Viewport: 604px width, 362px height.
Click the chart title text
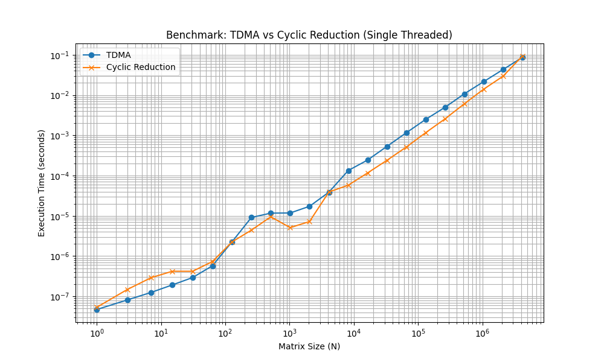[x=309, y=35]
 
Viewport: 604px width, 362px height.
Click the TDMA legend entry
[x=118, y=55]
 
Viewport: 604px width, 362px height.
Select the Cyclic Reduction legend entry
[x=140, y=67]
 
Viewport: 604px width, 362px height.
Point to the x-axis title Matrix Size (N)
[x=309, y=346]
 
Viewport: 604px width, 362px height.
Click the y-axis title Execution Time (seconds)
[x=42, y=183]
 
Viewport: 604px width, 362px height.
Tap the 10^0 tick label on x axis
[x=96, y=334]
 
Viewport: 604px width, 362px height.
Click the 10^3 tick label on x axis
[x=289, y=334]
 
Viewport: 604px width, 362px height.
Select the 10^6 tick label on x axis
[x=482, y=334]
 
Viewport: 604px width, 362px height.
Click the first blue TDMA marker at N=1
[x=96, y=310]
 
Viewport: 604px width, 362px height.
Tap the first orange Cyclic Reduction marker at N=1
[x=96, y=308]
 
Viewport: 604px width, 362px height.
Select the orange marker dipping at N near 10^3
[x=290, y=227]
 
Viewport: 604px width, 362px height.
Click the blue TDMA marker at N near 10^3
[x=290, y=213]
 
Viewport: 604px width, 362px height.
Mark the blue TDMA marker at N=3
[x=127, y=300]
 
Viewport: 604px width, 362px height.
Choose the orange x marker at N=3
[x=127, y=290]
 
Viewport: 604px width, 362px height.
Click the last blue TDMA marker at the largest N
[x=522, y=57]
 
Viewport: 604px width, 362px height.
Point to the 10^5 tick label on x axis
[x=418, y=334]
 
